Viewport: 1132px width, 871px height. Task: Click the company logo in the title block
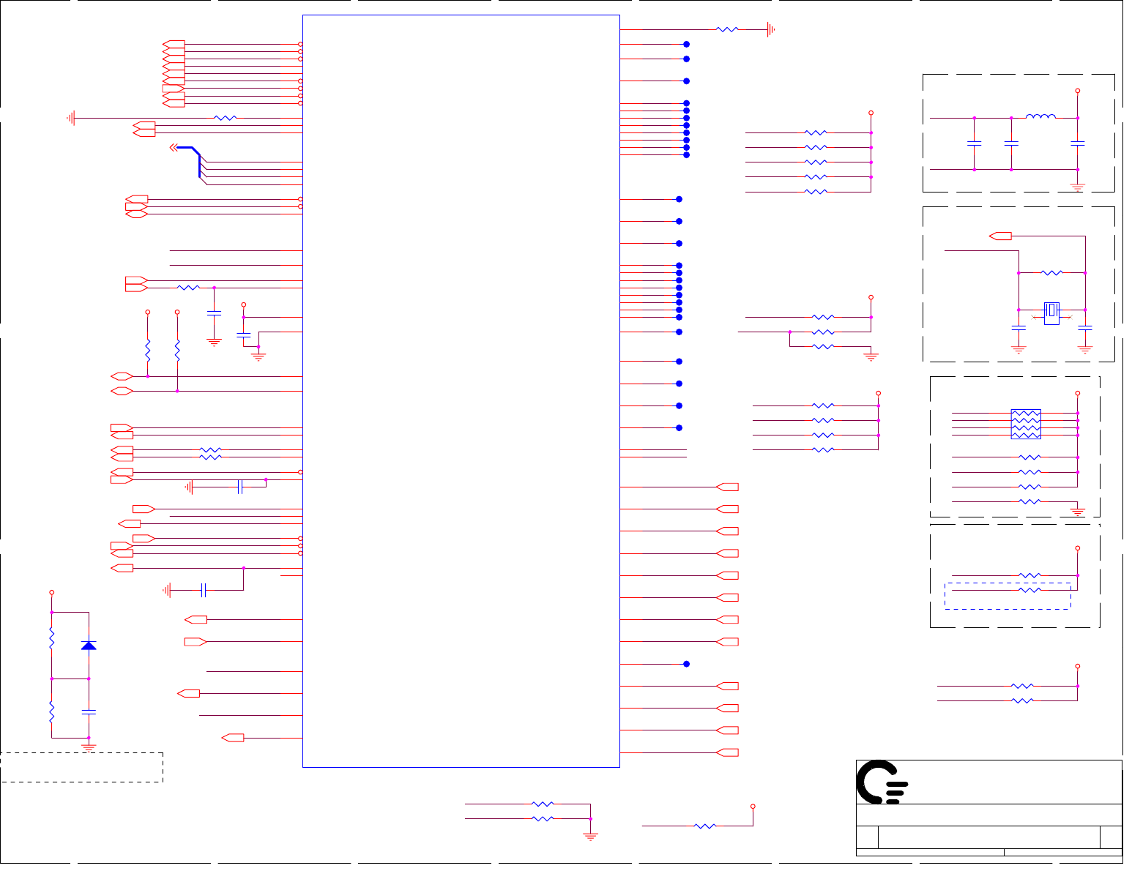pos(882,782)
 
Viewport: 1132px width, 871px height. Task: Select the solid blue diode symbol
pos(89,645)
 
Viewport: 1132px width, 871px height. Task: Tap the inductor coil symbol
pos(1040,116)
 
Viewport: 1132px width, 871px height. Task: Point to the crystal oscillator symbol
pos(1051,311)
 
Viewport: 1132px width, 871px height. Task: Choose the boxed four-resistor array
pos(1025,424)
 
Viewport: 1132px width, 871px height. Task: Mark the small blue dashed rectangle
pos(1008,596)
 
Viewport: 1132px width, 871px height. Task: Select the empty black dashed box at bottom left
pos(81,767)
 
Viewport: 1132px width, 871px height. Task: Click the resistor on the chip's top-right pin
pos(727,29)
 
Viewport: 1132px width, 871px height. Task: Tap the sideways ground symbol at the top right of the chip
pos(770,29)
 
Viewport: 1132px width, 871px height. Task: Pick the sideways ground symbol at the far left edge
pos(71,118)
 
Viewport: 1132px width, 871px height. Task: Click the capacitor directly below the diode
pos(89,711)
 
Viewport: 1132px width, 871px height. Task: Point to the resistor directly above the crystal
pos(1051,273)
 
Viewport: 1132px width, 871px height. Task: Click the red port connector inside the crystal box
pos(1000,236)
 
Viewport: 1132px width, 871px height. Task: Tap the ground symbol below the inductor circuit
pos(1077,186)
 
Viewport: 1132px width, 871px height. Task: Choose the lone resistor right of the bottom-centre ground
pos(704,826)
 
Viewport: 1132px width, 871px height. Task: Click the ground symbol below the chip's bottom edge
pos(590,835)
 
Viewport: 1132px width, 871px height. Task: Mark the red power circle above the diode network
pos(51,591)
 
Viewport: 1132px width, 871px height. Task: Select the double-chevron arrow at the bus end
pos(174,148)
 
